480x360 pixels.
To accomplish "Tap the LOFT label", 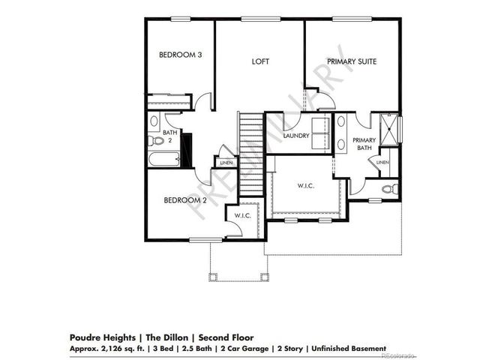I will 260,61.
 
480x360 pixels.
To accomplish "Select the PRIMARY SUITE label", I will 351,61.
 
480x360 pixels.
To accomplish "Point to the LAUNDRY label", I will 297,136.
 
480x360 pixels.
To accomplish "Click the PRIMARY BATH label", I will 364,144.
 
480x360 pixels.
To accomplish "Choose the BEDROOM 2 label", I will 185,200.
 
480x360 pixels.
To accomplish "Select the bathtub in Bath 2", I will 163,160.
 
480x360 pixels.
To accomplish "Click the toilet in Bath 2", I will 157,140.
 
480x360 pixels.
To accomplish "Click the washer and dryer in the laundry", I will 324,130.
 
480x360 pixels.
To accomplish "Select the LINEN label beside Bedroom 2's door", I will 226,162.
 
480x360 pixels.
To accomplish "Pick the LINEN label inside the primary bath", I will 382,162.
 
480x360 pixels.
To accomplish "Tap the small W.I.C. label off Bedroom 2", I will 242,216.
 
